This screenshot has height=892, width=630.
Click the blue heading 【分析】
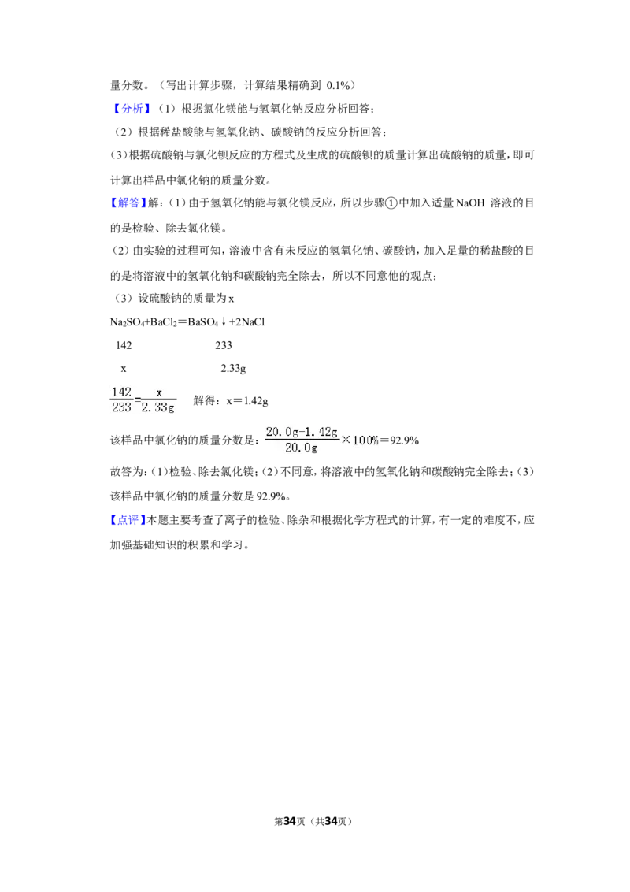tap(132, 109)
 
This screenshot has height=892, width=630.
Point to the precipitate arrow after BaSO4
tap(224, 322)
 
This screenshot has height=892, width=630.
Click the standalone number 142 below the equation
tap(124, 345)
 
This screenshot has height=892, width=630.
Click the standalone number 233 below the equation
tap(224, 345)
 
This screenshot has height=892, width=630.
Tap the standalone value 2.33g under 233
tap(233, 369)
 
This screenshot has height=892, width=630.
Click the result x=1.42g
tap(247, 400)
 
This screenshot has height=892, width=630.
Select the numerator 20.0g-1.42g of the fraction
tap(302, 433)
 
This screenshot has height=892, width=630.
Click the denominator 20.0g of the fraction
tap(302, 448)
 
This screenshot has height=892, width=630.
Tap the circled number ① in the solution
tap(391, 203)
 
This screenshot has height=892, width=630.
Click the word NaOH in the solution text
tap(470, 203)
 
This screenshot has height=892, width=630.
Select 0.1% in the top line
tap(339, 85)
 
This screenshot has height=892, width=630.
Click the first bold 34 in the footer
tap(290, 821)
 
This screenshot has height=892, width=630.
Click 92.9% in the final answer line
tap(271, 496)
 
